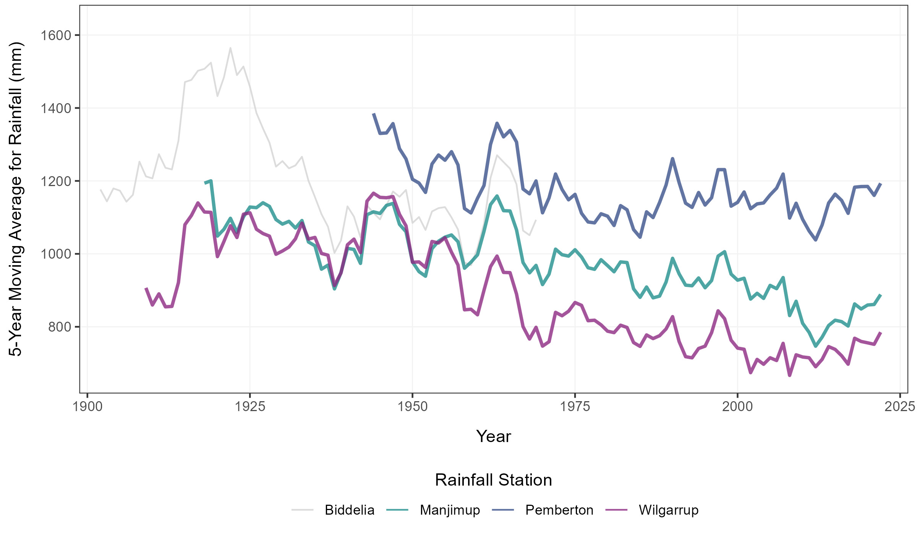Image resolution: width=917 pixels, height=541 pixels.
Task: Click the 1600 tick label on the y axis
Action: pos(56,36)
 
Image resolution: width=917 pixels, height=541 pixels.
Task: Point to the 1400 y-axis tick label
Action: pos(56,109)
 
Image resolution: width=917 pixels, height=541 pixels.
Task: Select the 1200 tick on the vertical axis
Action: pos(56,181)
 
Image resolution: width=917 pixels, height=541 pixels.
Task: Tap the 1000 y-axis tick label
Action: pos(56,254)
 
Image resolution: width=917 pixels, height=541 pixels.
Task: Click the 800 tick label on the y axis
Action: pos(60,327)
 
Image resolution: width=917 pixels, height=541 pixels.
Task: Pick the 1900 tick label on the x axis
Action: pos(87,407)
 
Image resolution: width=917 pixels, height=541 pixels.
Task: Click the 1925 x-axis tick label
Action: pos(250,407)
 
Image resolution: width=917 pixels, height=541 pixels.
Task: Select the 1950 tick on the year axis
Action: pos(412,407)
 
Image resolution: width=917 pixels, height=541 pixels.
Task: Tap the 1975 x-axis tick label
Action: pos(575,407)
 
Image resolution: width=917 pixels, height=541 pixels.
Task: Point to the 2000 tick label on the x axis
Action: pos(737,407)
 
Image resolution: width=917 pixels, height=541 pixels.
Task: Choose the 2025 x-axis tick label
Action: pos(899,407)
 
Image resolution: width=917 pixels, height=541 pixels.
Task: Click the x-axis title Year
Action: pos(493,436)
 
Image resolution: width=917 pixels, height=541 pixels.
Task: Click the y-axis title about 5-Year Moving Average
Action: pos(16,199)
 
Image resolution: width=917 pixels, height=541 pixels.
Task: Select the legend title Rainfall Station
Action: pos(493,480)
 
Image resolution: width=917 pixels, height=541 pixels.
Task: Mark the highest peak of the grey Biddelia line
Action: pos(230,48)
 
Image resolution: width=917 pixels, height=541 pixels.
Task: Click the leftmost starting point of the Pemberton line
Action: pos(373,114)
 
